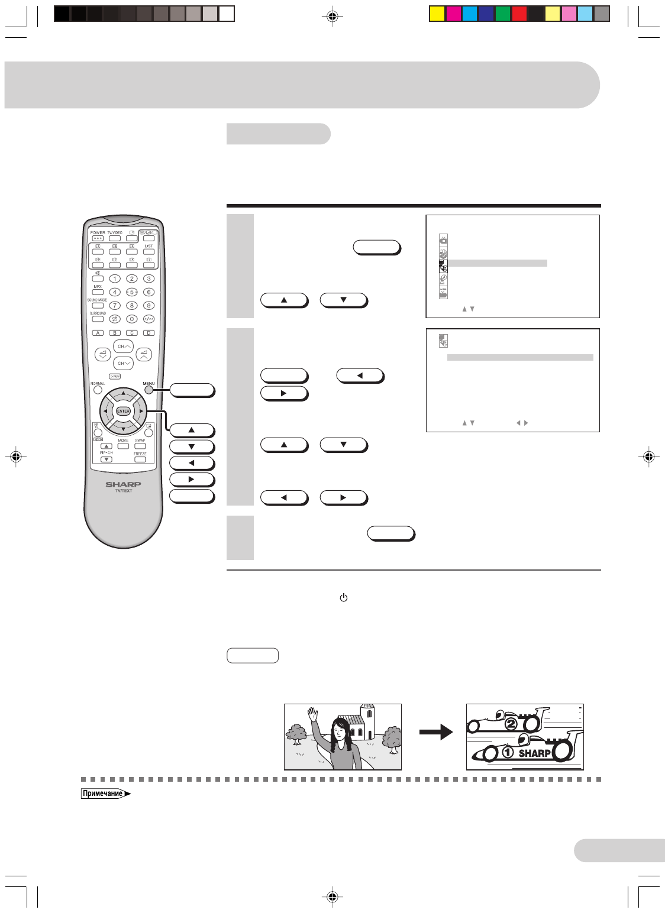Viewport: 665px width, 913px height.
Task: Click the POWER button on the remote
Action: point(98,238)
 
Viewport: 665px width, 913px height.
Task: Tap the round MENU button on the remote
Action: point(149,390)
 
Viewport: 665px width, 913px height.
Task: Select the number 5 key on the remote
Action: point(132,292)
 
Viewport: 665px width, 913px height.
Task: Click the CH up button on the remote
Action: point(123,347)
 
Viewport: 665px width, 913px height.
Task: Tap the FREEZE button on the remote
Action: point(140,459)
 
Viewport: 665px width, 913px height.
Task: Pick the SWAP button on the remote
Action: point(140,446)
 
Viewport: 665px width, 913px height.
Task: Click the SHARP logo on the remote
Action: point(123,484)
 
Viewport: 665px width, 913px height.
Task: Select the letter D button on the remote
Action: point(149,333)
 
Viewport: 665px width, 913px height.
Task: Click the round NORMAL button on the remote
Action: point(98,390)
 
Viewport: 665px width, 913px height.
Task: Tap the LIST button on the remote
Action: point(149,251)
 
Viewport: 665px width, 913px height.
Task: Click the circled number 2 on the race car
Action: point(511,724)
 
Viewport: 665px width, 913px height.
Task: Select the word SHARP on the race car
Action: point(534,753)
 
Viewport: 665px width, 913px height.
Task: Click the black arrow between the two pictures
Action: point(436,733)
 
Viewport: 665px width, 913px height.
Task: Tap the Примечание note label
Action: point(104,794)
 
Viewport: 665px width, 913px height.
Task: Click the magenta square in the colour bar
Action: point(454,14)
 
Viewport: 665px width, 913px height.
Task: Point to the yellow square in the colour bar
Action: point(437,14)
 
